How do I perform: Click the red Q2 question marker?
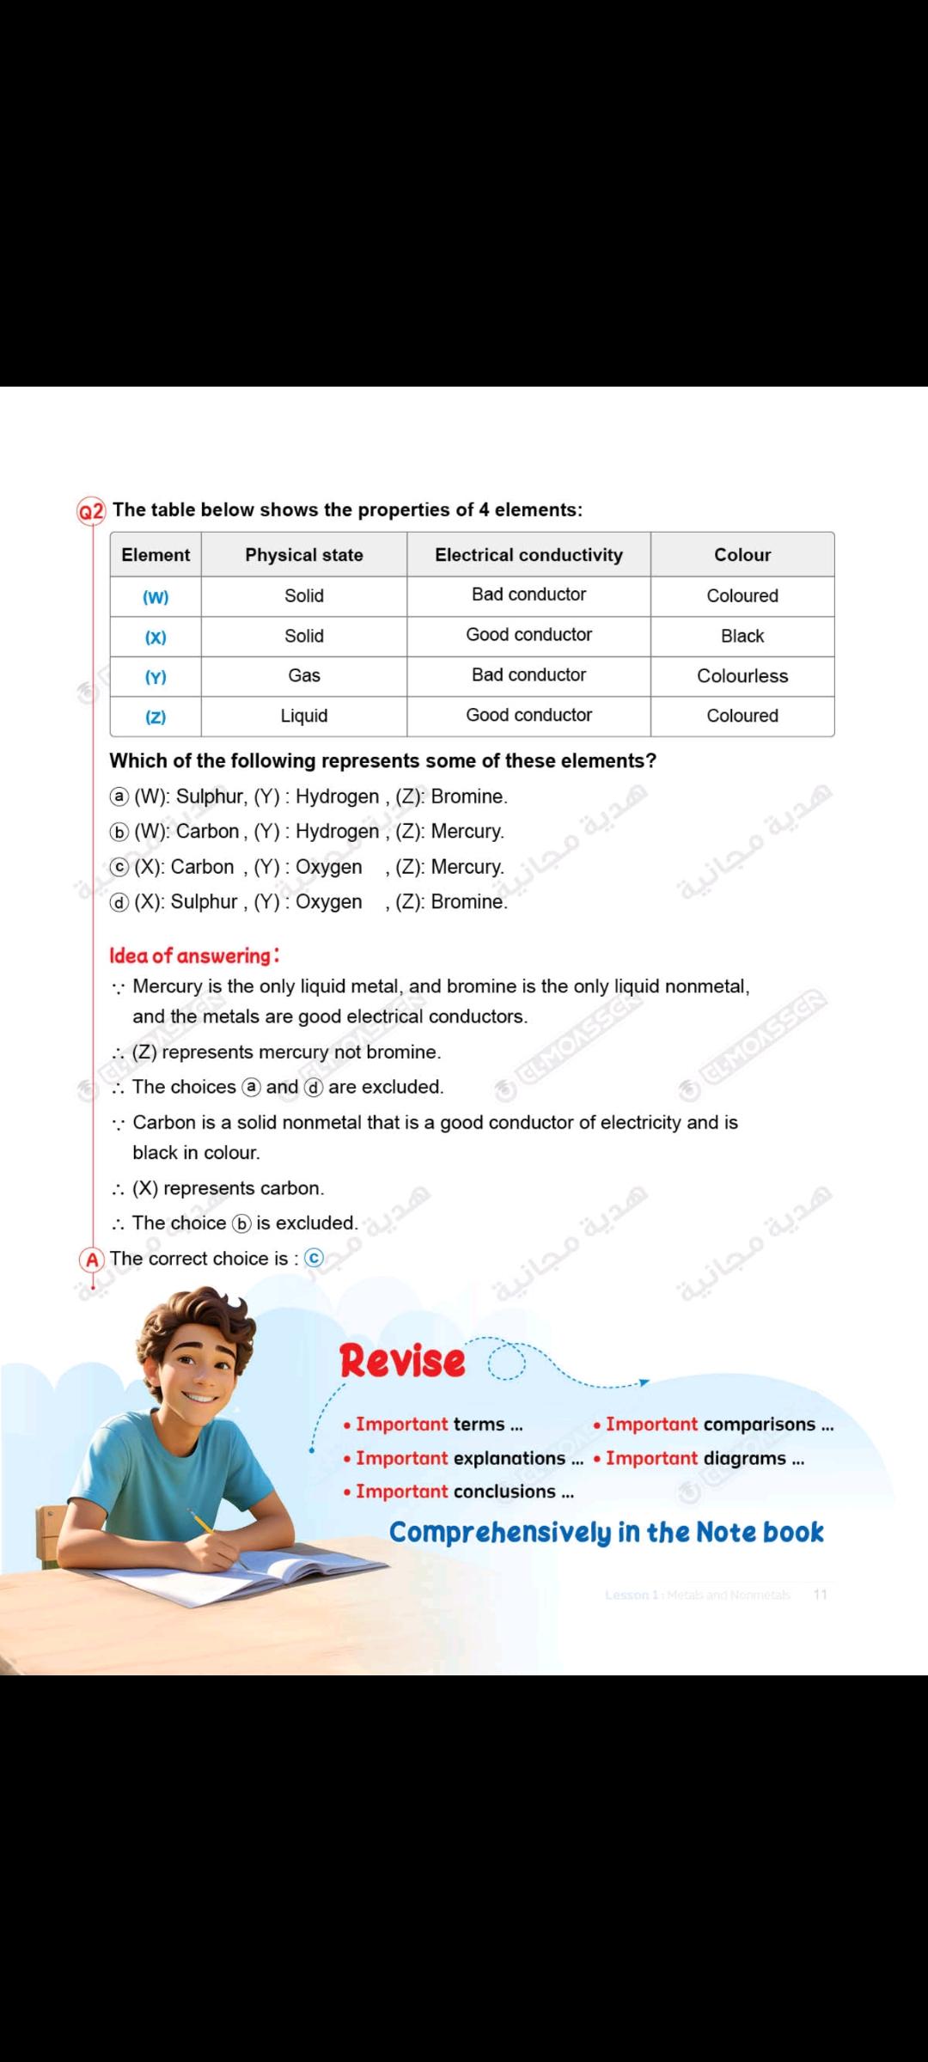click(91, 511)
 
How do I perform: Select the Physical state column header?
click(304, 555)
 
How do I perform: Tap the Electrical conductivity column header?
click(528, 555)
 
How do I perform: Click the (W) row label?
click(156, 596)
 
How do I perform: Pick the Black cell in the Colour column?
click(742, 637)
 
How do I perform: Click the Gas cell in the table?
click(304, 676)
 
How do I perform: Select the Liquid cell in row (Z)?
click(304, 717)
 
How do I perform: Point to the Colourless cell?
click(742, 676)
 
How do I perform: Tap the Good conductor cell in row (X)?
click(528, 635)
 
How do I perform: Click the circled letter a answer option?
click(119, 797)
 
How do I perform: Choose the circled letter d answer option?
click(119, 902)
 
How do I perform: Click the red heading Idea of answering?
click(194, 955)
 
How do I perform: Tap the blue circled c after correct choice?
click(314, 1259)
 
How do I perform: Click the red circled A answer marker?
click(92, 1260)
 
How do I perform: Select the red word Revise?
click(402, 1361)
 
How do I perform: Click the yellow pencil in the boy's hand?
click(203, 1522)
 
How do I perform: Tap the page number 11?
click(820, 1595)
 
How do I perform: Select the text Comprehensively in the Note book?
click(606, 1533)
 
